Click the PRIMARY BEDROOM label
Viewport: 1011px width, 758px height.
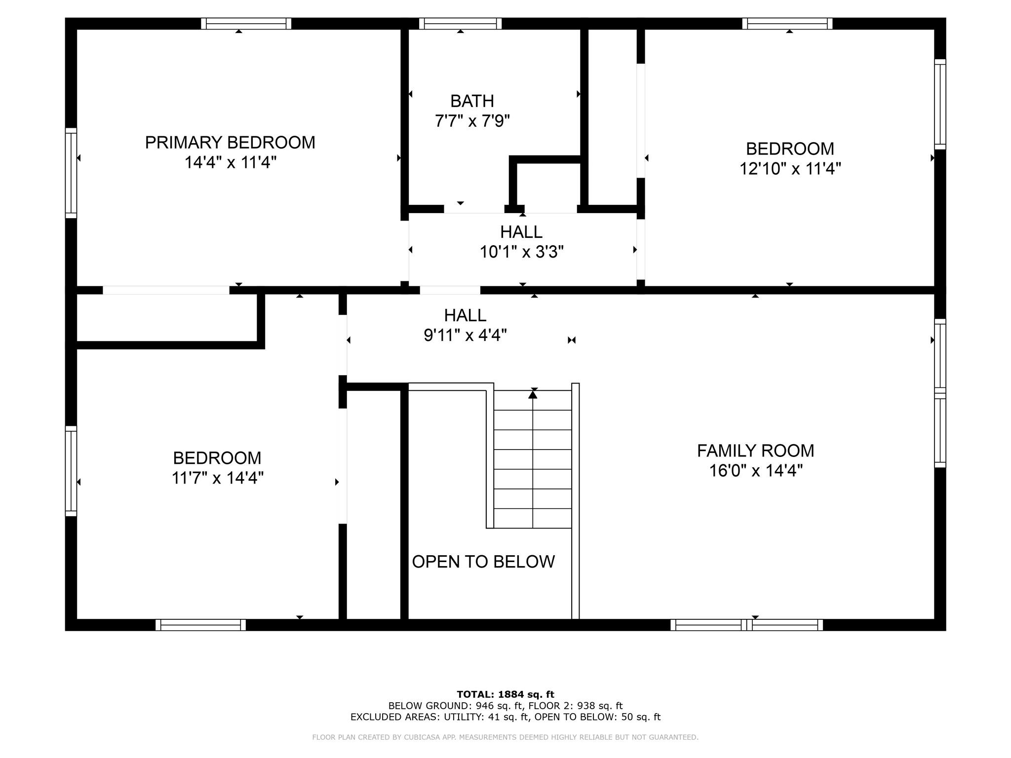[230, 143]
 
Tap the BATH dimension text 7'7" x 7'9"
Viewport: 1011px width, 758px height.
[472, 121]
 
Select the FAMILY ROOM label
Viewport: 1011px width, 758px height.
[755, 451]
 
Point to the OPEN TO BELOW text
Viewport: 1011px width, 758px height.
[483, 562]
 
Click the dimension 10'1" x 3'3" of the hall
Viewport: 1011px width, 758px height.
[521, 252]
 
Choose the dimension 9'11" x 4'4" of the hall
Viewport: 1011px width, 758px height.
[465, 336]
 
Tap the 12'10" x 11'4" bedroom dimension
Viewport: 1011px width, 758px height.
[790, 169]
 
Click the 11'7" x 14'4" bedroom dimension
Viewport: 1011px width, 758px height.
[217, 478]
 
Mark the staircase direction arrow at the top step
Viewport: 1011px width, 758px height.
[533, 394]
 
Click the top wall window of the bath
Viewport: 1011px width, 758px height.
[460, 23]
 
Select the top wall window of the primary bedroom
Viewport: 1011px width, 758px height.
[246, 23]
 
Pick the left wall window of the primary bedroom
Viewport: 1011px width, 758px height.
[71, 173]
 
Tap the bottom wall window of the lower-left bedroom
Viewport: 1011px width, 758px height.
[200, 625]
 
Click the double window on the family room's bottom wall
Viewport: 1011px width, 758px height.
[746, 625]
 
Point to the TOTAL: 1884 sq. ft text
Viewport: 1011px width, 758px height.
[505, 694]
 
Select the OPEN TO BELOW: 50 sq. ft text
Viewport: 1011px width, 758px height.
[597, 717]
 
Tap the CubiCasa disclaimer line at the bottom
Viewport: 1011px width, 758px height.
[505, 737]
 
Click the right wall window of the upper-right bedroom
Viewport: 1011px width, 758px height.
[940, 104]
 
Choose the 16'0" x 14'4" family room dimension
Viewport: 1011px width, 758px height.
[755, 471]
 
